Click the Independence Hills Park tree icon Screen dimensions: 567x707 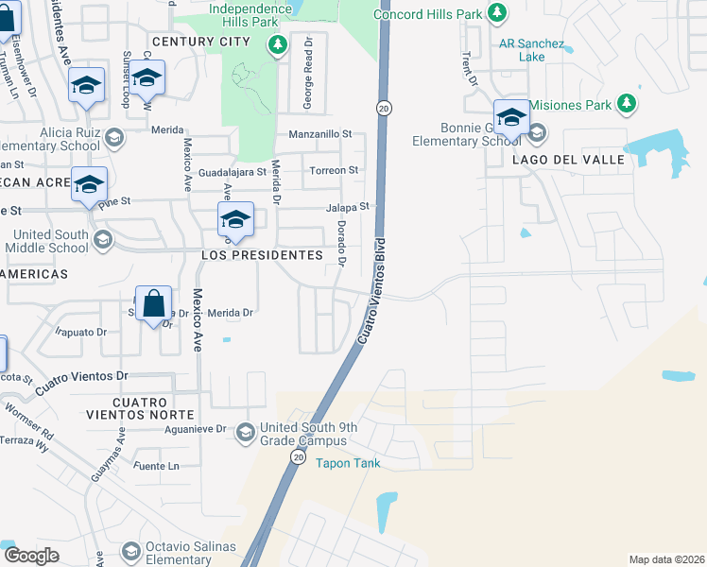click(277, 44)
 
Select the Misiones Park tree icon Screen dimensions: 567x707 click(625, 103)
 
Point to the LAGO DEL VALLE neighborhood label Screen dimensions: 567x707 click(569, 160)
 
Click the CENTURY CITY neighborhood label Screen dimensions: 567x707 click(200, 42)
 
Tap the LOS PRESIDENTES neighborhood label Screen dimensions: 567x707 click(261, 256)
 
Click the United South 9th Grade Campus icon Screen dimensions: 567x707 click(245, 432)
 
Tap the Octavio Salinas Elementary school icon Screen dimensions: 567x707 click(130, 551)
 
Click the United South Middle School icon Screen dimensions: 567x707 click(102, 240)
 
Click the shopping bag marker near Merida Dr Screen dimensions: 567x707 click(154, 305)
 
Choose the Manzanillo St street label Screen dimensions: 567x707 click(320, 134)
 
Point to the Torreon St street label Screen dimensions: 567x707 click(336, 170)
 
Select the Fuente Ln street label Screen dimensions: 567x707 click(157, 466)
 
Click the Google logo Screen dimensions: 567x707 click(31, 556)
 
